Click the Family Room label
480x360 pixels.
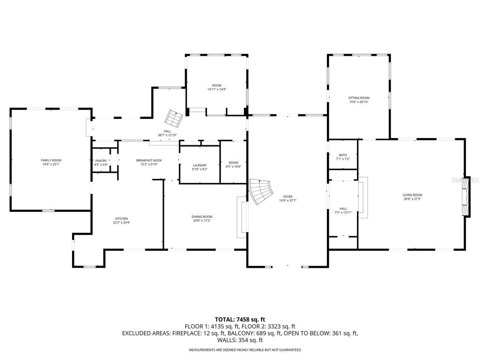[x=51, y=160]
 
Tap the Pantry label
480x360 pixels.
[x=101, y=160]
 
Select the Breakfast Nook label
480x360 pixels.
[x=149, y=160]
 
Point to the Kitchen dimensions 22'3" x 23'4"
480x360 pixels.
[x=121, y=222]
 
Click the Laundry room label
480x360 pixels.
[x=199, y=165]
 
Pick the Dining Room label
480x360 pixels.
[x=202, y=216]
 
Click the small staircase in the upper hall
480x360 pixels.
[x=174, y=118]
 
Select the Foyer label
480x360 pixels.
[x=288, y=196]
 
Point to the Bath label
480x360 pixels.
[x=343, y=155]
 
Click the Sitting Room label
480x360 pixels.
[x=359, y=98]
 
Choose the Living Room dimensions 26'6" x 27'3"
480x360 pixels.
[x=412, y=199]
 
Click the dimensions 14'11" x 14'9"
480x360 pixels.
[x=217, y=89]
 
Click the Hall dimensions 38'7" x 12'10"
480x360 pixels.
[x=167, y=135]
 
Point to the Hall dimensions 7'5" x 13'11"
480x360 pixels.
[x=343, y=213]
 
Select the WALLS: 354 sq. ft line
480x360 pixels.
[x=240, y=340]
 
